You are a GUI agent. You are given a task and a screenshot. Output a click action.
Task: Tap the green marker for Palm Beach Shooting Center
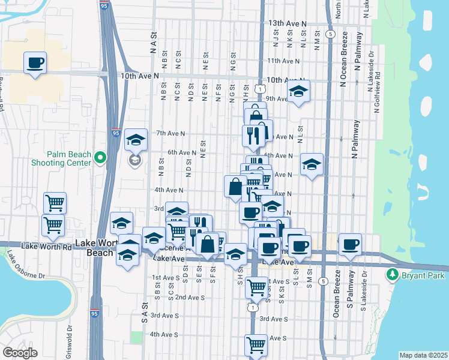[x=100, y=158]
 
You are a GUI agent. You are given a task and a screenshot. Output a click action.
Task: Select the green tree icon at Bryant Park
[x=393, y=274]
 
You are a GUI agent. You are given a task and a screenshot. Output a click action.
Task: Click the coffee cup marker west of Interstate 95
[x=35, y=62]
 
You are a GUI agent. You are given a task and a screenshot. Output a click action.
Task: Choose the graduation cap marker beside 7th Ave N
[x=136, y=141]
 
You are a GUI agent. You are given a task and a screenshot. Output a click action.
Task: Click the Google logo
[x=20, y=353]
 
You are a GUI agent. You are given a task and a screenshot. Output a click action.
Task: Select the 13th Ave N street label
[x=287, y=23]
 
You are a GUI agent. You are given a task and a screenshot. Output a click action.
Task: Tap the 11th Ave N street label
[x=283, y=61]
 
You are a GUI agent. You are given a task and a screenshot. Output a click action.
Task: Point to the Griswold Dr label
[x=70, y=342]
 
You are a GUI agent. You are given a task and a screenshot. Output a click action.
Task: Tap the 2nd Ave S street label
[x=190, y=297]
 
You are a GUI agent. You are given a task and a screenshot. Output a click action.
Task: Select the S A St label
[x=145, y=310]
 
